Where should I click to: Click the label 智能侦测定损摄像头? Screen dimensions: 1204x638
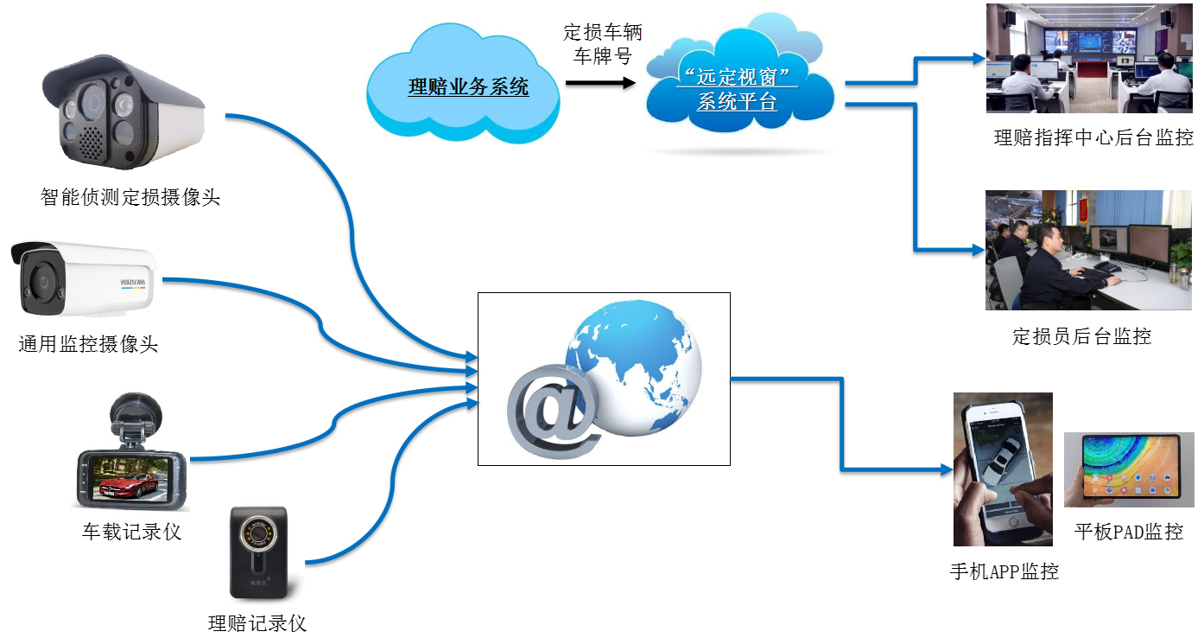130,197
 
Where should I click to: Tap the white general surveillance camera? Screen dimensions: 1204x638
83,278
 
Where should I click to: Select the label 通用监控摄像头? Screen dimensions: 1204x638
89,344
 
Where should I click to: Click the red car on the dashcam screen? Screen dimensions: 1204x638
127,483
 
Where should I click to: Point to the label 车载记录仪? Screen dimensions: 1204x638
131,532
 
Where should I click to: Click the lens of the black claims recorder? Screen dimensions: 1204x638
258,532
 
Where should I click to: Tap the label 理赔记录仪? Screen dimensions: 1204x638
257,623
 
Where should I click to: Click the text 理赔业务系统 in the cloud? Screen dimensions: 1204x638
468,86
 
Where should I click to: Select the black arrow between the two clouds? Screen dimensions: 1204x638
600,83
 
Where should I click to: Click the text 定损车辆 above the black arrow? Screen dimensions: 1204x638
603,32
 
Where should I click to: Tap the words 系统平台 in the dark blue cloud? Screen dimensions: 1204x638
737,101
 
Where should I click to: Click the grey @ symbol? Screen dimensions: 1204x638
554,411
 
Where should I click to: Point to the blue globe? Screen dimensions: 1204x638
634,367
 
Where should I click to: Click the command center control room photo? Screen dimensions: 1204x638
1089,58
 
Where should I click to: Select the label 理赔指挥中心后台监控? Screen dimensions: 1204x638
1093,137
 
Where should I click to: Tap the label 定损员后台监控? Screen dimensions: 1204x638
1081,336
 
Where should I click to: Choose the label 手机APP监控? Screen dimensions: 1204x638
1004,571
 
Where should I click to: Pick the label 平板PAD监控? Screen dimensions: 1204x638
1129,532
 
